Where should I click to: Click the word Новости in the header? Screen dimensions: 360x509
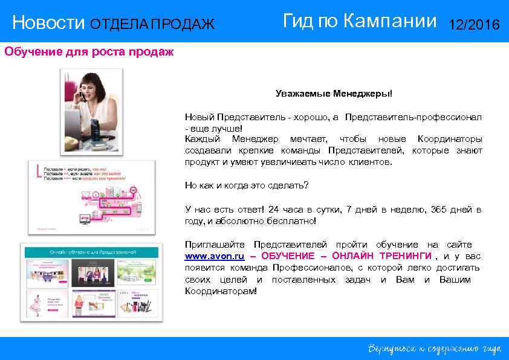tap(49, 24)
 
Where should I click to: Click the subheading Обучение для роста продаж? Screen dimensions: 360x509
tap(89, 51)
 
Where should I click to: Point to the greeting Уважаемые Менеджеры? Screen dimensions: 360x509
tap(334, 94)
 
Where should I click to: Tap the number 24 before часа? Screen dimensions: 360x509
tap(274, 210)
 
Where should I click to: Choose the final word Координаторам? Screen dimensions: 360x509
tap(221, 291)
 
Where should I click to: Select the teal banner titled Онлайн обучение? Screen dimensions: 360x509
tap(91, 251)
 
